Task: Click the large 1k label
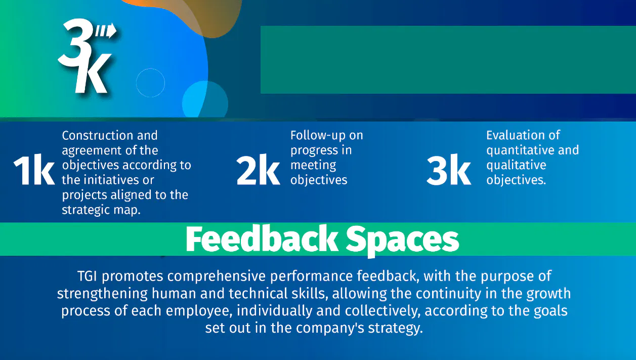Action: (34, 170)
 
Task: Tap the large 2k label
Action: (258, 170)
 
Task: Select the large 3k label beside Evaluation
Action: (449, 170)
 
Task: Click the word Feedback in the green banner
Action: (262, 239)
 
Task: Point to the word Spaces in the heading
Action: (402, 241)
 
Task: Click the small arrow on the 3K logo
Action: (106, 30)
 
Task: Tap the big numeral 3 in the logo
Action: (75, 44)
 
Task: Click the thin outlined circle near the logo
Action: (150, 69)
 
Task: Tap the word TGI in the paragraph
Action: (87, 276)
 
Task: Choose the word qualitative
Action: (516, 166)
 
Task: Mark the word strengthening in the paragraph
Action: (103, 294)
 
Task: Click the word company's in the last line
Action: (330, 328)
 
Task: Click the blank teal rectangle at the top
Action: (448, 60)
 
